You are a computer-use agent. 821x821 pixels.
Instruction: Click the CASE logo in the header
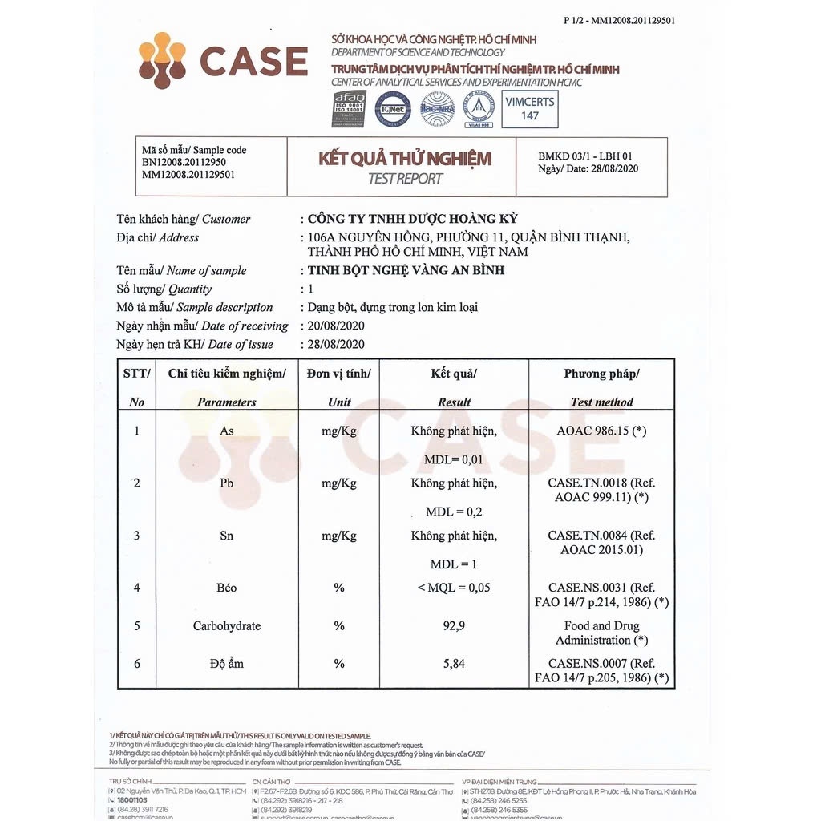(x=222, y=60)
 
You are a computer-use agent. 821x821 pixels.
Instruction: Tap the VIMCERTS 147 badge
(x=529, y=108)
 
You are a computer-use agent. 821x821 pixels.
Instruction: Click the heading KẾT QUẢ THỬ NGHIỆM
(x=404, y=158)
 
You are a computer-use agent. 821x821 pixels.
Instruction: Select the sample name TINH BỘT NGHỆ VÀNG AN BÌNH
(x=406, y=270)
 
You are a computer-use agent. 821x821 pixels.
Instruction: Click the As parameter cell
(x=227, y=431)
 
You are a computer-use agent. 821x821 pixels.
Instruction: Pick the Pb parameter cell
(x=227, y=483)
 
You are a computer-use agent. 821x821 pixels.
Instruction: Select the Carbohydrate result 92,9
(x=454, y=625)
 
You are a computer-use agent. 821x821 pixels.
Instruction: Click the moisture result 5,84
(x=454, y=663)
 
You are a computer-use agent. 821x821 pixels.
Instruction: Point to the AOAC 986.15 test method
(x=601, y=431)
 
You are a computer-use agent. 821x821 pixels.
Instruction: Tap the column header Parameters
(x=227, y=402)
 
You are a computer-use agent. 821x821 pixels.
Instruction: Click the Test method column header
(x=601, y=402)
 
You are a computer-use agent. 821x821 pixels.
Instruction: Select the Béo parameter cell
(x=227, y=588)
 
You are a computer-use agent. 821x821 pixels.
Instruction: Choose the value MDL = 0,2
(x=454, y=512)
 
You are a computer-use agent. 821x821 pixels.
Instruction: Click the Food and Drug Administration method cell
(x=601, y=633)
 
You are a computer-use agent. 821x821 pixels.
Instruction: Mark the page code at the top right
(x=619, y=21)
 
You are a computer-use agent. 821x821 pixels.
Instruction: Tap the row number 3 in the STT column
(x=137, y=535)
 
